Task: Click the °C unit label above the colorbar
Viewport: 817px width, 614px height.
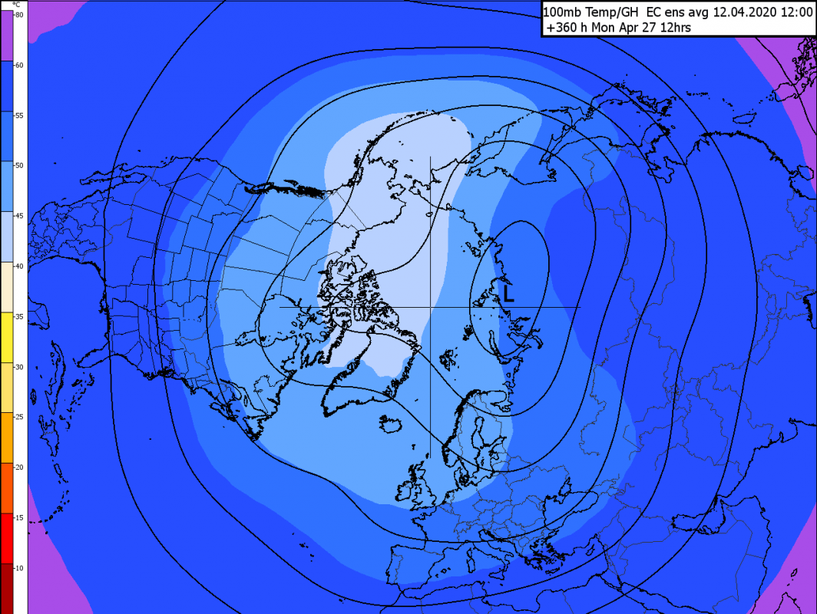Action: point(17,5)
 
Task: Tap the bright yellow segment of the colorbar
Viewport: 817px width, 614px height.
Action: point(14,338)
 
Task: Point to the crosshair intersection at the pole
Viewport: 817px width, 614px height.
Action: point(430,307)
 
